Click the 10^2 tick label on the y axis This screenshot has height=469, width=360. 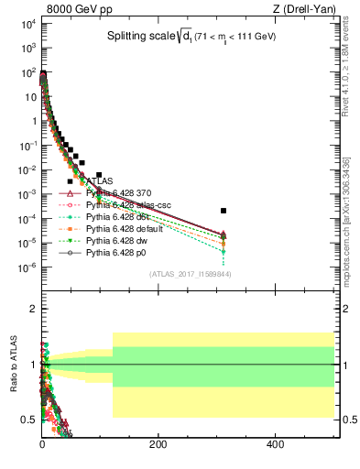click(x=24, y=72)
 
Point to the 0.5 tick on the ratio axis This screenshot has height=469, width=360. click(x=27, y=420)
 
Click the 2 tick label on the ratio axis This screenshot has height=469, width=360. click(x=31, y=309)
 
